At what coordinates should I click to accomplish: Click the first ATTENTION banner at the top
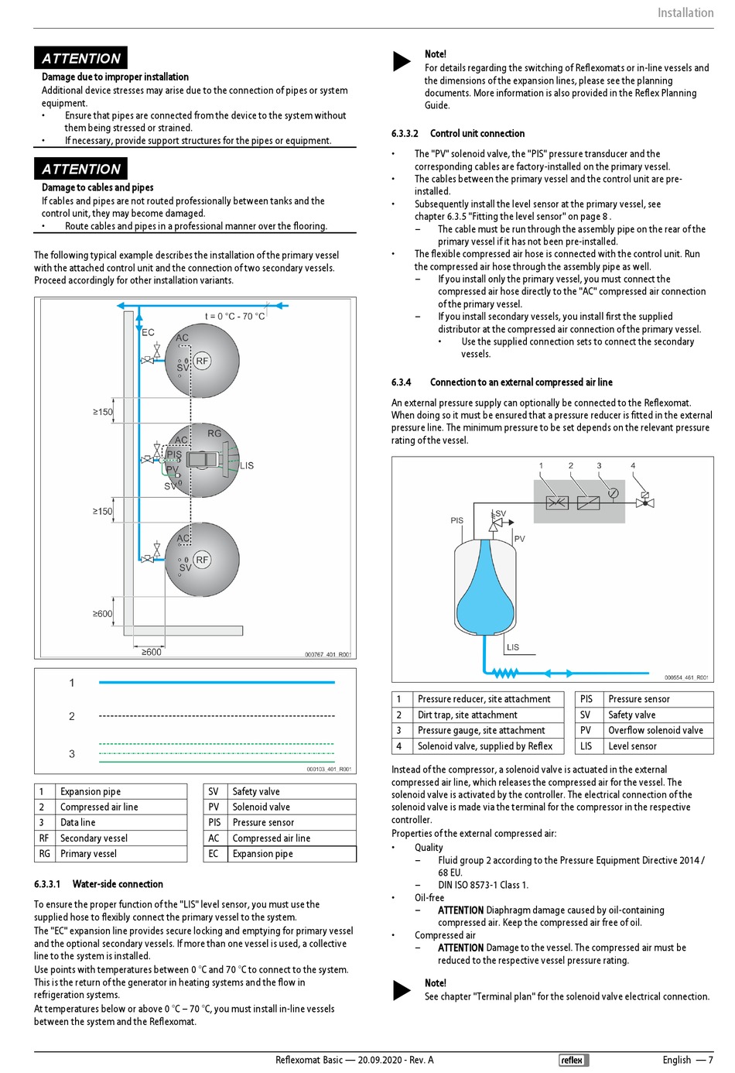(80, 58)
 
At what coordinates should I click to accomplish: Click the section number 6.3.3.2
(405, 133)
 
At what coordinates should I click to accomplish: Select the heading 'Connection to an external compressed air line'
(521, 382)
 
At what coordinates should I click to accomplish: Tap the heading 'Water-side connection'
(118, 883)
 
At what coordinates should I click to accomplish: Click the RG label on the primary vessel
(214, 434)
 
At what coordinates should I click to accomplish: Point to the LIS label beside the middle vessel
(247, 465)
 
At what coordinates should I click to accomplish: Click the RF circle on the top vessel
(202, 361)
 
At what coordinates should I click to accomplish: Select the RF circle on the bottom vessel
(202, 559)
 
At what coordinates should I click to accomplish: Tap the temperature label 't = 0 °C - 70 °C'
(234, 316)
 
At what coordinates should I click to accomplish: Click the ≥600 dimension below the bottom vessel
(151, 652)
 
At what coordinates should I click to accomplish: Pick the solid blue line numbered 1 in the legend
(217, 682)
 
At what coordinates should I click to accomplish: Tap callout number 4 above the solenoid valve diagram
(633, 465)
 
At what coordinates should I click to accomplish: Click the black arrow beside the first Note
(402, 61)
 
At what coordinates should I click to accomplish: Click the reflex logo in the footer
(573, 1060)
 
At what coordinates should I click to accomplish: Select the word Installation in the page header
(685, 12)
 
